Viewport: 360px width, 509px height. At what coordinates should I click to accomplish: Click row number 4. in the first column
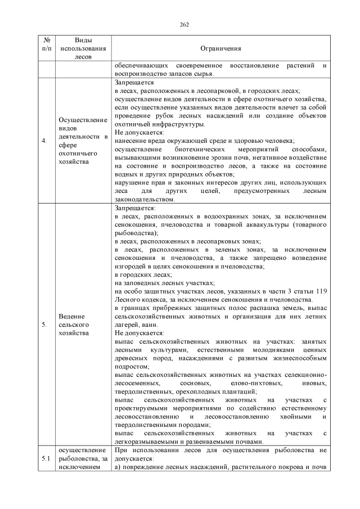coord(44,141)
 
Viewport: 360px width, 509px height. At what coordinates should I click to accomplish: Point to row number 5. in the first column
coord(44,325)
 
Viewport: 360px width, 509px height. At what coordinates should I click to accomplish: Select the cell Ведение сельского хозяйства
coord(74,325)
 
